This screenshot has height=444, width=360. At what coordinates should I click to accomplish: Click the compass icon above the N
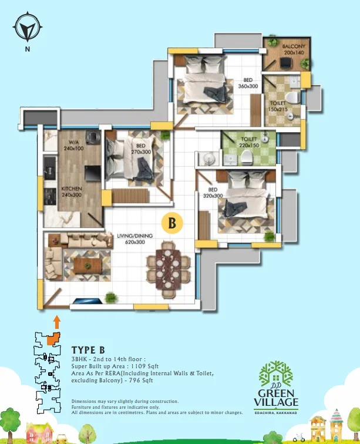click(28, 26)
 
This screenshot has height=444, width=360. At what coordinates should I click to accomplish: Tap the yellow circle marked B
click(172, 223)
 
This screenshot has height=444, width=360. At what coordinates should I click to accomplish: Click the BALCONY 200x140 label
click(294, 49)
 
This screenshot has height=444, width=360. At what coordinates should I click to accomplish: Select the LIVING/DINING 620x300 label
click(135, 238)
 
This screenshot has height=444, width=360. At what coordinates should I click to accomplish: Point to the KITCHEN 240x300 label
click(72, 191)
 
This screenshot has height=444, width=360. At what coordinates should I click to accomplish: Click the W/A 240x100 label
click(73, 145)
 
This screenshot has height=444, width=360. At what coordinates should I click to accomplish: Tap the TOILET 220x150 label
click(249, 142)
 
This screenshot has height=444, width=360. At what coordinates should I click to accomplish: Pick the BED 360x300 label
click(248, 83)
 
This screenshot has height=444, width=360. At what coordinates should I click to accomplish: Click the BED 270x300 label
click(141, 149)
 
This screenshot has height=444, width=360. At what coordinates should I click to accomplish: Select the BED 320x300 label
click(213, 193)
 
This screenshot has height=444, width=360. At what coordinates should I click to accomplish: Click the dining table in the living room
click(168, 269)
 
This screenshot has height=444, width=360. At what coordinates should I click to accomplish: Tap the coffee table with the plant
click(88, 265)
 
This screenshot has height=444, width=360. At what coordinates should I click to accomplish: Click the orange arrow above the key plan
click(57, 322)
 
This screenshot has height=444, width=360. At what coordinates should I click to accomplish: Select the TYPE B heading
click(88, 350)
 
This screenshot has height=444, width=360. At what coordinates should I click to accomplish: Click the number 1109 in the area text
click(138, 366)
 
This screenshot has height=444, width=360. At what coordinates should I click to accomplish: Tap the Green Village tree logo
click(276, 374)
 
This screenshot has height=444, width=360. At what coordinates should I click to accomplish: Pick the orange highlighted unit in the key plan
click(53, 339)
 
